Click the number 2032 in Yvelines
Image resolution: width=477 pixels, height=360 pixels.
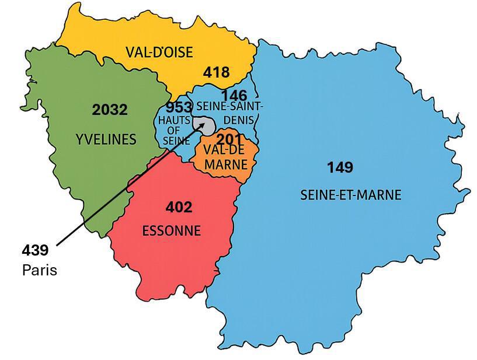click(x=110, y=110)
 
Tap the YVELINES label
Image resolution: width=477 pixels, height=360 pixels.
click(x=106, y=139)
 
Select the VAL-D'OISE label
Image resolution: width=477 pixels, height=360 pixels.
click(x=159, y=53)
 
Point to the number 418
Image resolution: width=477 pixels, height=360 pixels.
click(x=216, y=73)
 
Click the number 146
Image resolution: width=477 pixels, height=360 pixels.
click(x=234, y=95)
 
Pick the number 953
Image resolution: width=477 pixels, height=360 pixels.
click(x=179, y=108)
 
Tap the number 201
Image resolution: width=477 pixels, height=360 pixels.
click(x=229, y=139)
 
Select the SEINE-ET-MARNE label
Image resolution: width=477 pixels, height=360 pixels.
click(x=350, y=195)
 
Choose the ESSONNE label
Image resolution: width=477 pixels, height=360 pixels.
click(x=172, y=231)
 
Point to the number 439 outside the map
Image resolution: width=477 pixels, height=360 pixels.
click(x=35, y=250)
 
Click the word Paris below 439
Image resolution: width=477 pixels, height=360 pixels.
click(x=40, y=270)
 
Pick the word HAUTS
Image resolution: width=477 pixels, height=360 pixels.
click(x=173, y=120)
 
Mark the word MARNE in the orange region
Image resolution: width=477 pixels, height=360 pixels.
click(x=225, y=165)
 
